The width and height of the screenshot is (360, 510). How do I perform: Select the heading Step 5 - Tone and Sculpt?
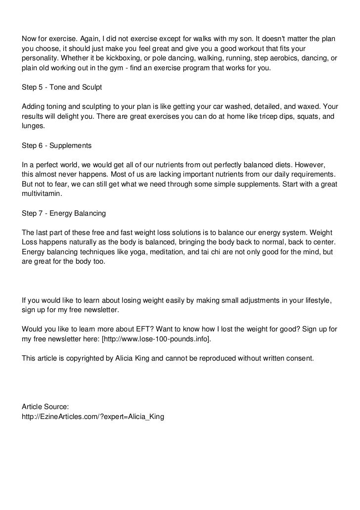tap(62, 87)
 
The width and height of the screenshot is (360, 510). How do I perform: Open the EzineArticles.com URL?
tap(92, 417)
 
